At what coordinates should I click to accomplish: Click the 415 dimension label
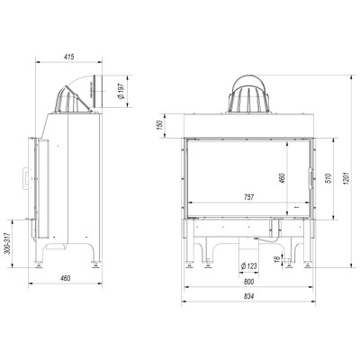point(69,57)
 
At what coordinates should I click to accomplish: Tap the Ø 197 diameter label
point(121,92)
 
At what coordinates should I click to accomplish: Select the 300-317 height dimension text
point(8,243)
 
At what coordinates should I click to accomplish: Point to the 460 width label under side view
point(65,278)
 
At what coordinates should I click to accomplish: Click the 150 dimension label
point(159,124)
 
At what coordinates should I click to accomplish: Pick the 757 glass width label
point(249,197)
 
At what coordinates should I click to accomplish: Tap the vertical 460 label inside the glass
point(283,178)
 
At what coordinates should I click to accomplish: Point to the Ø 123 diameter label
point(249,265)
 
